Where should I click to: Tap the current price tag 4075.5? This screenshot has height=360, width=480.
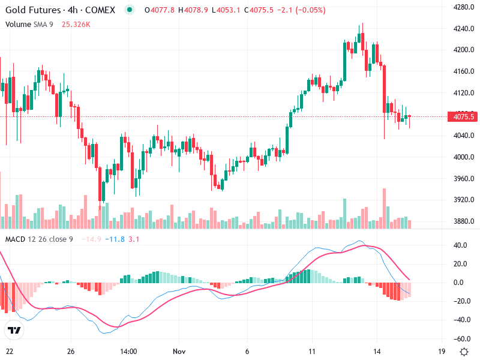(x=463, y=117)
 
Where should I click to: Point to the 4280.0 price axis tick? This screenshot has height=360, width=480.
(x=463, y=7)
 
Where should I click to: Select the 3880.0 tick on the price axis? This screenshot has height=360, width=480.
(x=463, y=221)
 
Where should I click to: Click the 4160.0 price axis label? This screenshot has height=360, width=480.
(x=463, y=71)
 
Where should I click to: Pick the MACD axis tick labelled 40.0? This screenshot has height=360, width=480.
(x=460, y=245)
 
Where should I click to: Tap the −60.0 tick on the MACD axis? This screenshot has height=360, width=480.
(x=460, y=338)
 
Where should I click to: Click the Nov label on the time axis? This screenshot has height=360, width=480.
(x=181, y=352)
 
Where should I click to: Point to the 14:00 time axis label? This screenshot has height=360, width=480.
(x=129, y=352)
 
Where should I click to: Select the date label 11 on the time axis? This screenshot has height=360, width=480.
(x=312, y=352)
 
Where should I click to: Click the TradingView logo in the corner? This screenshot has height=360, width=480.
(x=14, y=331)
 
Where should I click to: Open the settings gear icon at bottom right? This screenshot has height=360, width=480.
(x=464, y=352)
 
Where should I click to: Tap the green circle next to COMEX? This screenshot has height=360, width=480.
(x=130, y=10)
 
